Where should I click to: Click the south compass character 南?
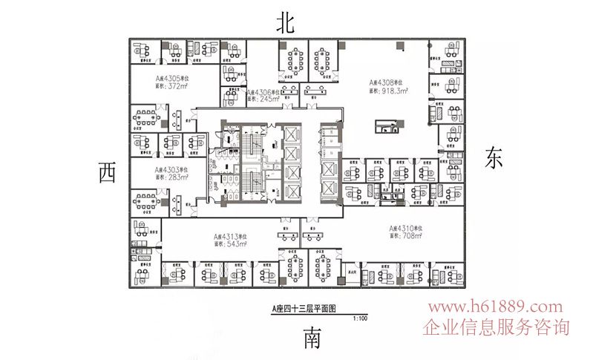(312, 340)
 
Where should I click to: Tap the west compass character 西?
(107, 173)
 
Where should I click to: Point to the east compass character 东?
(495, 157)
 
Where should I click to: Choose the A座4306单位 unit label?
(263, 91)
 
